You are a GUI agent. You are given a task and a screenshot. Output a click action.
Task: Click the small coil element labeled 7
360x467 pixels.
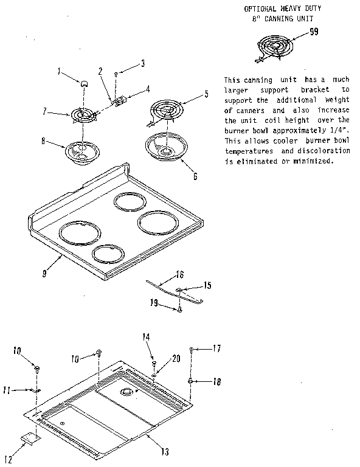84,114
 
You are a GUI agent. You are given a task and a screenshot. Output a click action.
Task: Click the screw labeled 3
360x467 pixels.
116,74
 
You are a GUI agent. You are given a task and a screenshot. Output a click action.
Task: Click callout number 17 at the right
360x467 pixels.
216,348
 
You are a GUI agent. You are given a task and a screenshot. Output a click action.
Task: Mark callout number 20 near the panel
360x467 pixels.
176,359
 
